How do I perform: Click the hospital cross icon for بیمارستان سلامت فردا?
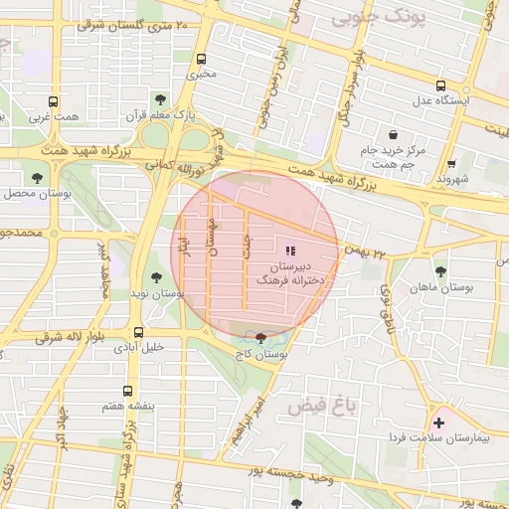438,423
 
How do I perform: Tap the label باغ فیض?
320,406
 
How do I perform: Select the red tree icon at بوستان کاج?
260,339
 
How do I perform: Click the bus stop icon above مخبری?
202,58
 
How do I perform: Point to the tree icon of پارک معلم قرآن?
160,98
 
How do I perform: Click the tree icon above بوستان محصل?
37,177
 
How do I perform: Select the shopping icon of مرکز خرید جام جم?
393,134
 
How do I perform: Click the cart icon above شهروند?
452,163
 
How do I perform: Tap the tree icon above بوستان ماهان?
440,270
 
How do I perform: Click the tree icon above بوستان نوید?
155,278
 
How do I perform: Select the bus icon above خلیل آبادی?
137,332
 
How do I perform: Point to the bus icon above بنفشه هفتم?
125,392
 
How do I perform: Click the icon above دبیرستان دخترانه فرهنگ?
290,252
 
